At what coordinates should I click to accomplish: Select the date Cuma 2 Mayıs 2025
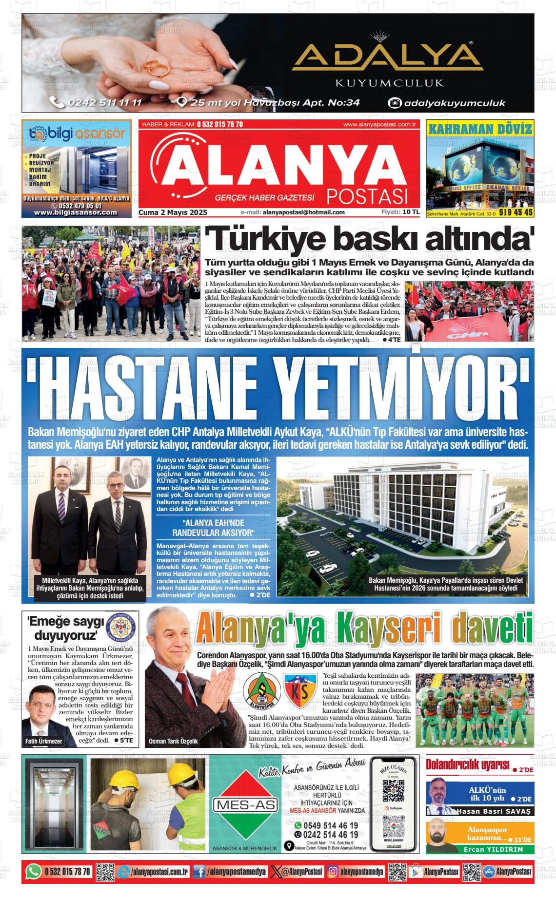point(173,212)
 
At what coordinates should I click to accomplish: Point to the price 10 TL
point(411,212)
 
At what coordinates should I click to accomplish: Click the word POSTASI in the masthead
point(367,196)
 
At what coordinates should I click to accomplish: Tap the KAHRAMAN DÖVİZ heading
point(479,129)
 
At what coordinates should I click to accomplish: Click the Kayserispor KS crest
point(300,690)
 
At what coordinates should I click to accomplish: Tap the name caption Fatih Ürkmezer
point(43,741)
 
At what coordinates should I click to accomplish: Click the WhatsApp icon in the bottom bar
point(34,871)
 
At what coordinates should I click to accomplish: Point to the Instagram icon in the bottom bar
point(333,872)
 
